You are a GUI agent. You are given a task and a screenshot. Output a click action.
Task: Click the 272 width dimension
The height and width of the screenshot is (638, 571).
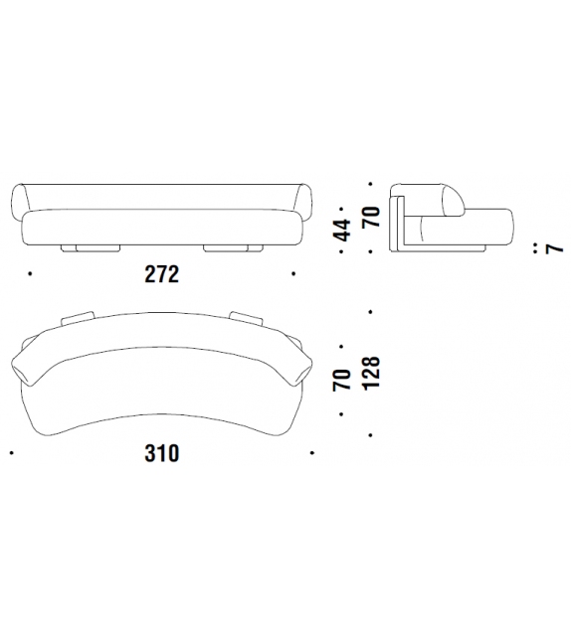tap(162, 274)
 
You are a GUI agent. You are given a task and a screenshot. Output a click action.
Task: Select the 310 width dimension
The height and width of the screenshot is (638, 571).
tap(162, 453)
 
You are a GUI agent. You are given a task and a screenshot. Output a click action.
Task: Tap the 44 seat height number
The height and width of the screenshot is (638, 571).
tap(341, 230)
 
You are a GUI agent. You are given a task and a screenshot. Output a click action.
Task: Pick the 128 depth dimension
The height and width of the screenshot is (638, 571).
tap(371, 374)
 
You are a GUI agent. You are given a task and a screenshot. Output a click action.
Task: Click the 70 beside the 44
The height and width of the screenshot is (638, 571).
tap(371, 217)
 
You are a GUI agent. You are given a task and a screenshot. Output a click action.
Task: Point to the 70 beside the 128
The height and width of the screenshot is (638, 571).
tap(341, 380)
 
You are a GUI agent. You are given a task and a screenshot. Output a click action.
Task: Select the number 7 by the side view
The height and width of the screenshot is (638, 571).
tap(554, 247)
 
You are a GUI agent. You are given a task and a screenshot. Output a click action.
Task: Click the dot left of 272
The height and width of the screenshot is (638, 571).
tap(30, 274)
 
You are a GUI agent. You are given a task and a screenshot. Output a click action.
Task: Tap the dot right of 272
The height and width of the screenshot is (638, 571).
tap(293, 274)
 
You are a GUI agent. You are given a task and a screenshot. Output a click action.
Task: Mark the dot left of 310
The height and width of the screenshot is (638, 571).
tap(11, 452)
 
